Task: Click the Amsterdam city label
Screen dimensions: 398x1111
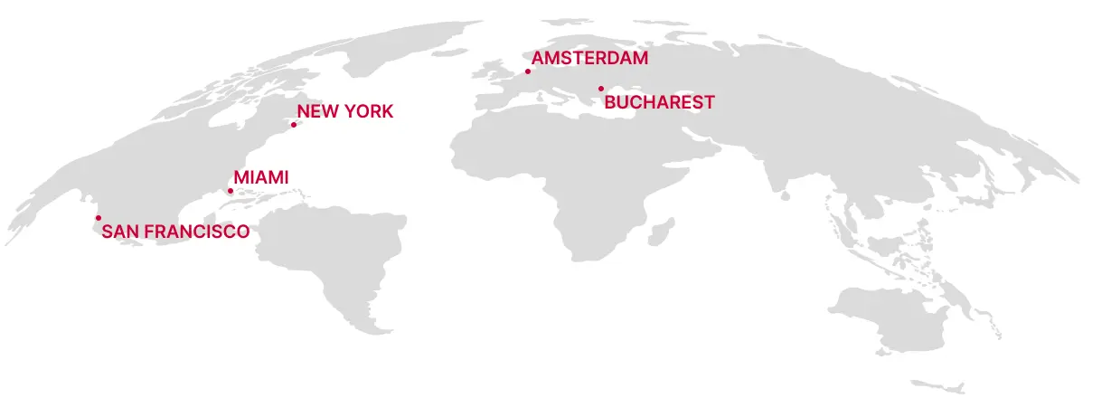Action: [590, 59]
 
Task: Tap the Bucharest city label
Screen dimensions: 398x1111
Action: [659, 102]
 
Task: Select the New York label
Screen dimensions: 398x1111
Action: [345, 111]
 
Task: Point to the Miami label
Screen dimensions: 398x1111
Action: [261, 177]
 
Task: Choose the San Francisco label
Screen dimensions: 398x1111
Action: [175, 232]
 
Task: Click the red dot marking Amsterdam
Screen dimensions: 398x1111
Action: [528, 71]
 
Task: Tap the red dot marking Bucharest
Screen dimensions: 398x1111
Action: [600, 89]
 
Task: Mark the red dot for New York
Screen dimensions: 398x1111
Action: [294, 125]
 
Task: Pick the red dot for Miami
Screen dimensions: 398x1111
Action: [230, 191]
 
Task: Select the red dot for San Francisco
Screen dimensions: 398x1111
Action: [99, 218]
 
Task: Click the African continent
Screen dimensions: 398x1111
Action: [551, 181]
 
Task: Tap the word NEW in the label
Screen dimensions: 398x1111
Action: [318, 111]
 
